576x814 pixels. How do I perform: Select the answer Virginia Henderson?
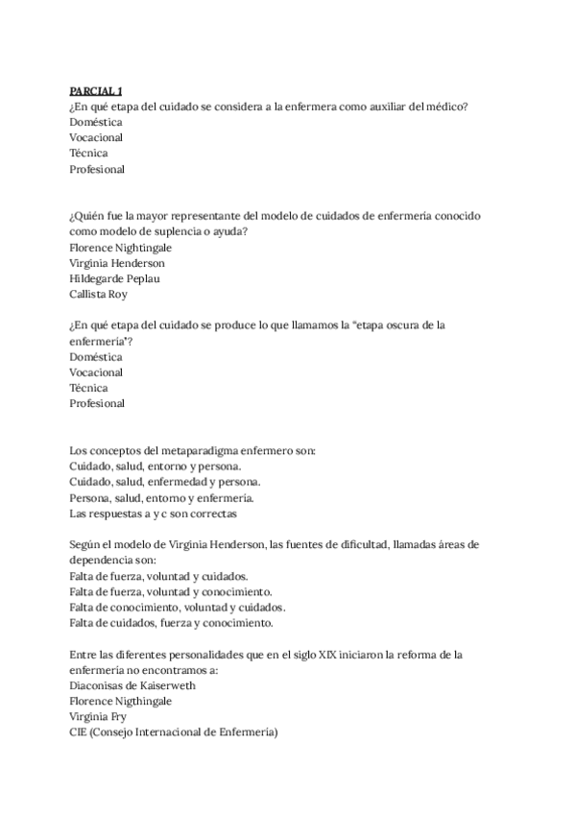117,263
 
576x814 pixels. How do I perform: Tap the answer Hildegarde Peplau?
114,278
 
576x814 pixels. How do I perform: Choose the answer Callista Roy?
98,295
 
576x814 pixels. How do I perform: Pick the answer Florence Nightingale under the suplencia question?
120,247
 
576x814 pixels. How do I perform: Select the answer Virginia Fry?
98,717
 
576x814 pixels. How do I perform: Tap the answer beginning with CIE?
173,732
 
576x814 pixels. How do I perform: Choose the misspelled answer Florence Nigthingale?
120,702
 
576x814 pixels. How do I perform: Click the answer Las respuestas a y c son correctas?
146,514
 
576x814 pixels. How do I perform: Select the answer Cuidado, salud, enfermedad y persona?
164,482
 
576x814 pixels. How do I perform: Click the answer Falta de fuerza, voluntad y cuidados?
158,576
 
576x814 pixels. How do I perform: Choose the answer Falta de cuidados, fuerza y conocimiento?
171,623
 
